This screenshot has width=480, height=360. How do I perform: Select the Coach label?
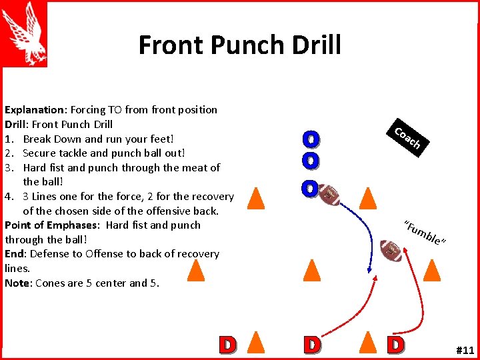pyautogui.click(x=407, y=137)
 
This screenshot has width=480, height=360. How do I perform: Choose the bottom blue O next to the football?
pyautogui.click(x=309, y=189)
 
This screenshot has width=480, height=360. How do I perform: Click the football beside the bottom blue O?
pyautogui.click(x=329, y=194)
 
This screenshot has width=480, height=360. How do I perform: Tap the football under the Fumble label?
pyautogui.click(x=391, y=250)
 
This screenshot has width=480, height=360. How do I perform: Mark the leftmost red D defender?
pyautogui.click(x=227, y=345)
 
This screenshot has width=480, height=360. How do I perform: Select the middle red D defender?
pyautogui.click(x=311, y=345)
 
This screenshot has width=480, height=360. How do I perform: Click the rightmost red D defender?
pyautogui.click(x=396, y=345)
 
